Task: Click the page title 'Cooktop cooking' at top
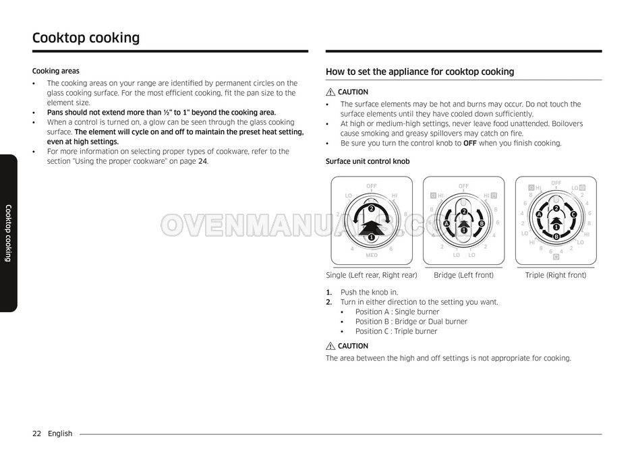coord(86,38)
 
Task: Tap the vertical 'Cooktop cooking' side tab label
coord(8,233)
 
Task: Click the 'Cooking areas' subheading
coord(56,71)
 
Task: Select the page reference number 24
coord(202,161)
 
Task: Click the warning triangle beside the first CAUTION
coord(330,92)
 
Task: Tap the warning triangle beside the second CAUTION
coord(330,346)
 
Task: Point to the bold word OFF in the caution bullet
coord(470,143)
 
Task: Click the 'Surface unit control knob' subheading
coord(368,161)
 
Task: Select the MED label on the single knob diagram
coord(372,255)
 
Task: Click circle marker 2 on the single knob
coord(371,208)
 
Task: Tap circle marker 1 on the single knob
coord(371,237)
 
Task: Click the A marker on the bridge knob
coord(446,224)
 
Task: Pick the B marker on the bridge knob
coord(482,224)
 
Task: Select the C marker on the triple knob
coord(573,214)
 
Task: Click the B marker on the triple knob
coord(556,237)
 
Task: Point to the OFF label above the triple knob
coord(556,183)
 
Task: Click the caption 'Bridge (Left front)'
coord(464,275)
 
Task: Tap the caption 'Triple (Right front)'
coord(556,275)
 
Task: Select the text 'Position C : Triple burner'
coord(397,332)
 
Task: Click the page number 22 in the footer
coord(37,433)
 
